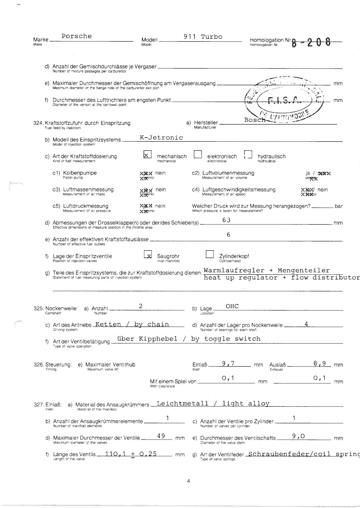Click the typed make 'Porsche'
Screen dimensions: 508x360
77,36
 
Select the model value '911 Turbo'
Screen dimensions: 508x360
203,37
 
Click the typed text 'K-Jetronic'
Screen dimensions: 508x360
161,138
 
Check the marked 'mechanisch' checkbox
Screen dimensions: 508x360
147,155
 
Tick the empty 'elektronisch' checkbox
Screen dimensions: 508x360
198,155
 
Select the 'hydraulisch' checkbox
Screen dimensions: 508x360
248,155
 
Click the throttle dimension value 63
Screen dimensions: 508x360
226,220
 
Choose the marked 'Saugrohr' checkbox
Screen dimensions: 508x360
148,255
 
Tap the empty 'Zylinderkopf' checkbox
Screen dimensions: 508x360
210,254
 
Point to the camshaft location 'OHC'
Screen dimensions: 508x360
232,306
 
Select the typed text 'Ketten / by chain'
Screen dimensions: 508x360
132,324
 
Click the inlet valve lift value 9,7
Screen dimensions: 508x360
228,363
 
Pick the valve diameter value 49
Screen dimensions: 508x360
161,436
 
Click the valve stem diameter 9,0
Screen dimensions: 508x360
298,436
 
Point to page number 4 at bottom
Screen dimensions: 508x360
189,481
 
